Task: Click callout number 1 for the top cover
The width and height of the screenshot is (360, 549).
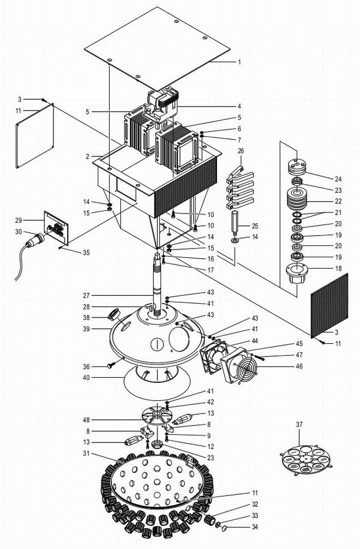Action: coord(240,62)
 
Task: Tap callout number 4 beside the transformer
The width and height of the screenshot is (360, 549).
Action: coord(240,106)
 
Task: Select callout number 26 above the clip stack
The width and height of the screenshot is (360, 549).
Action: coord(241,151)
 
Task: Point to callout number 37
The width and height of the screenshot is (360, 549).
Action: coord(299,424)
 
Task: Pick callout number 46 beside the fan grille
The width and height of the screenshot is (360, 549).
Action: coord(299,366)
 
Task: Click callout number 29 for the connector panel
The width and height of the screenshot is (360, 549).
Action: coord(18,220)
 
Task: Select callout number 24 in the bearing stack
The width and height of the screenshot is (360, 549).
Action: coord(338,179)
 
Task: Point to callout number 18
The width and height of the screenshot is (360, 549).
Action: coord(338,268)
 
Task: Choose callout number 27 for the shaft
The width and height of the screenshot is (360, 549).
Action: coord(86,295)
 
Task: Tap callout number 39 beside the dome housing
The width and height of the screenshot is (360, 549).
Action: coord(86,329)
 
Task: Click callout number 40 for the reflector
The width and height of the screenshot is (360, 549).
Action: coord(86,378)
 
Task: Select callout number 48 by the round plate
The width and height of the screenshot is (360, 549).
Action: coord(86,420)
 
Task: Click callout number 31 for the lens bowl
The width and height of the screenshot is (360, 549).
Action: coord(86,453)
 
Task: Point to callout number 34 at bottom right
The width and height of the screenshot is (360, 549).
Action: coord(255,526)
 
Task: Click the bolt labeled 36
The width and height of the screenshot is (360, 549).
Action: coord(112,365)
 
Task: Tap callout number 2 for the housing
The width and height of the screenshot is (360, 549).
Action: coord(88,156)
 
